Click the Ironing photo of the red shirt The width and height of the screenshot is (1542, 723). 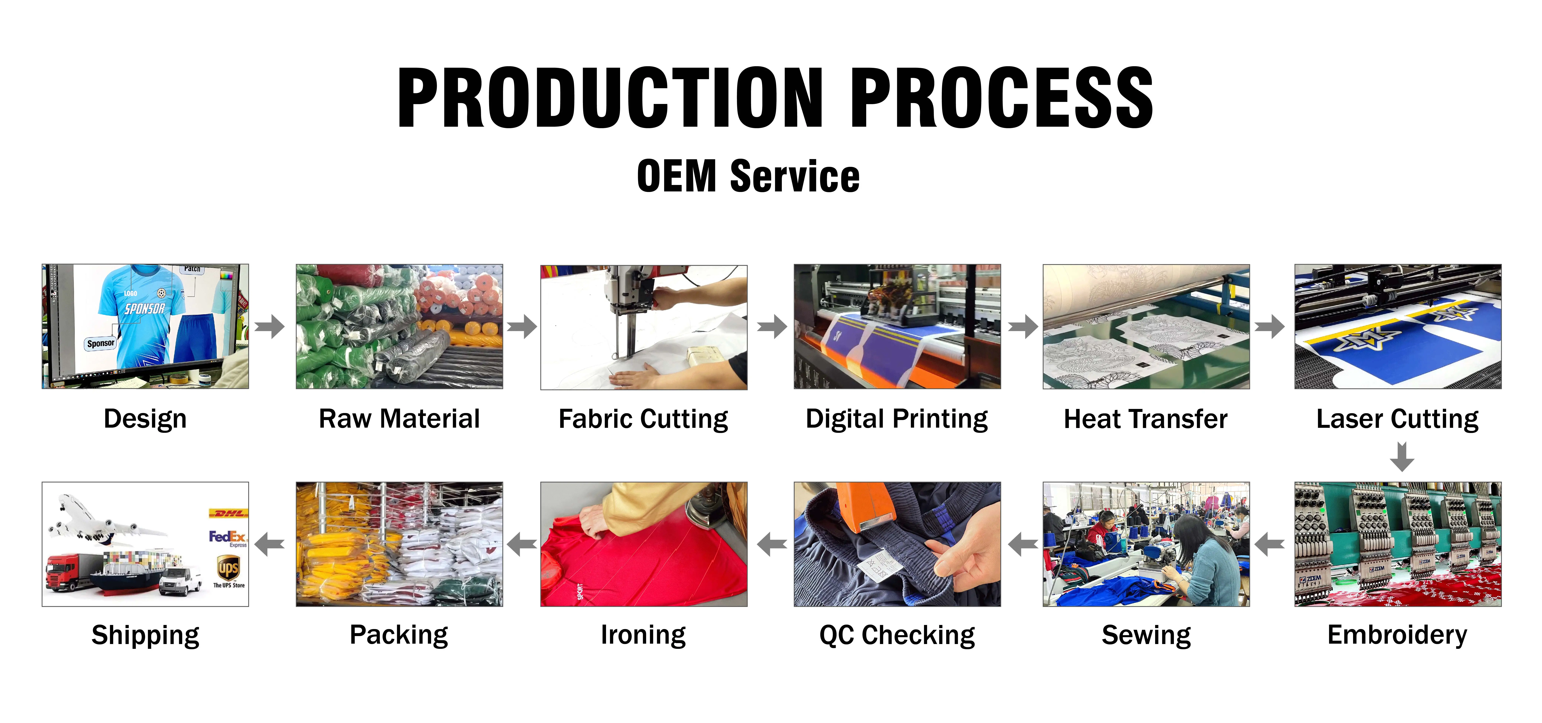643,544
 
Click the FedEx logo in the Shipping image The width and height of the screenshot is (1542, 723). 227,537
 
